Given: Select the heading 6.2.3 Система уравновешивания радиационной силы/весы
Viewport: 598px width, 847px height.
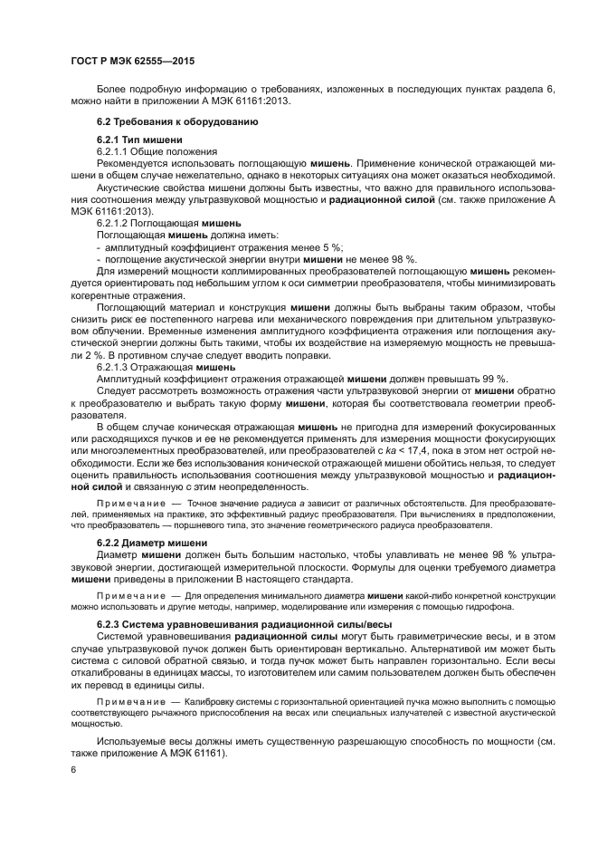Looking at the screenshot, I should (x=243, y=624).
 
